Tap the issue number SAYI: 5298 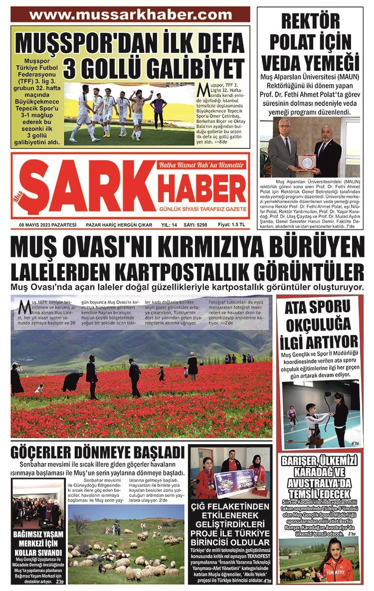coord(195,225)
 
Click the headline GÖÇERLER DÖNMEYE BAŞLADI coord(98,454)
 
